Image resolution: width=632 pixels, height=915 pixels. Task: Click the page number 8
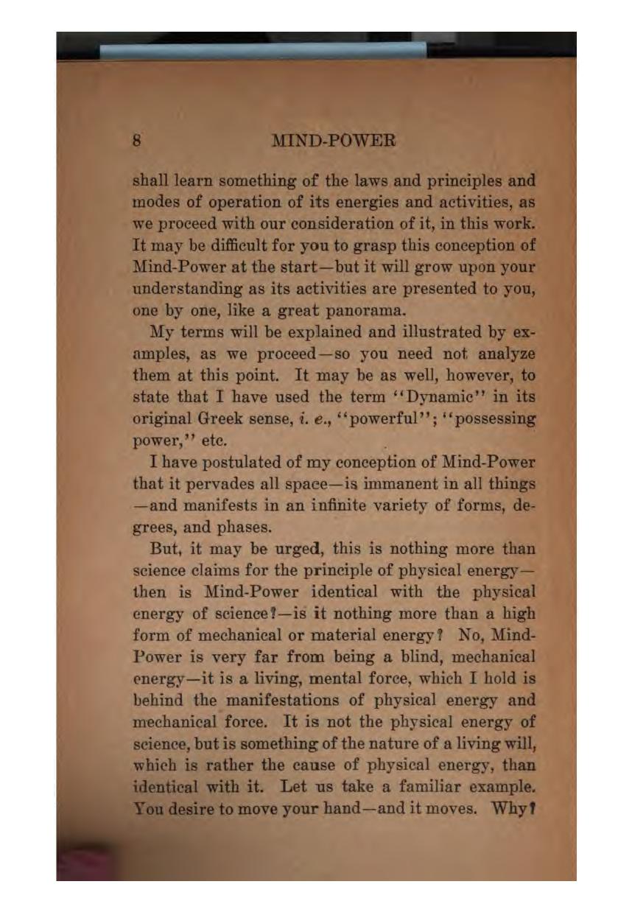136,140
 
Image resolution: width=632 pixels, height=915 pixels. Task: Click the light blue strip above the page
262,50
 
